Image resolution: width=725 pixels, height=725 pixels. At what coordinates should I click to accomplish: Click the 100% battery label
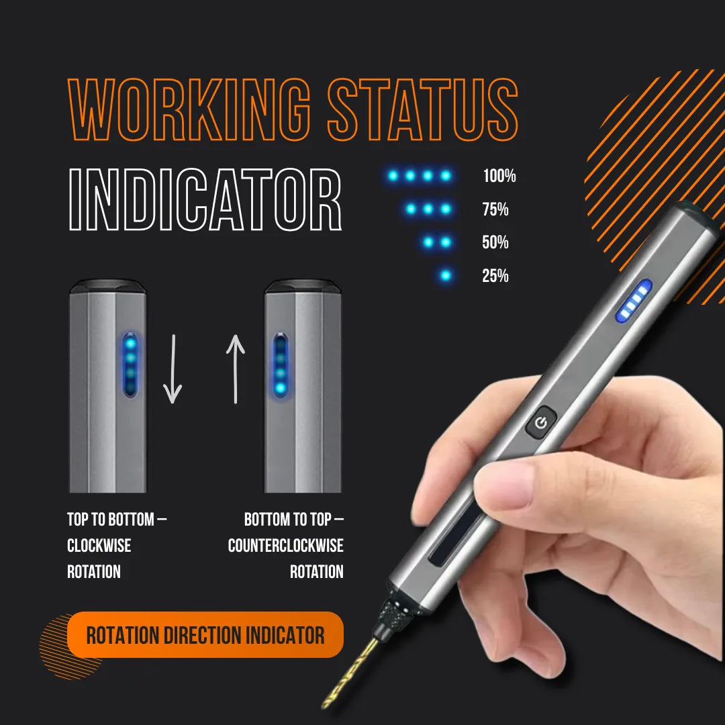(x=499, y=177)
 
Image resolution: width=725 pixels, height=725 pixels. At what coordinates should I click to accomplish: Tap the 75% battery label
(x=495, y=209)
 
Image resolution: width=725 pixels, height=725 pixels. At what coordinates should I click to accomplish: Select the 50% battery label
(x=495, y=242)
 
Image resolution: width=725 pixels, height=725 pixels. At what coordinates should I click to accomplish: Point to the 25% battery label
(x=495, y=275)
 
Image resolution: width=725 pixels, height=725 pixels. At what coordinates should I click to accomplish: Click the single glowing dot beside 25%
(x=445, y=275)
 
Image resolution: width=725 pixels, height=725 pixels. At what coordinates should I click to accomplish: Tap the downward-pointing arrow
(x=173, y=369)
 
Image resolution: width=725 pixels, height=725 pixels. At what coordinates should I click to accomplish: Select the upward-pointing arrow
(x=235, y=369)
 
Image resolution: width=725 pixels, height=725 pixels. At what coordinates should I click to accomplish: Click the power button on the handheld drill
(x=541, y=423)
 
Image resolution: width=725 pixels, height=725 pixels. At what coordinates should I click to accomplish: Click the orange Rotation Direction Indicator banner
(x=205, y=634)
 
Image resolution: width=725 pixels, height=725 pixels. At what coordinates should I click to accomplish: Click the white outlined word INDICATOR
(x=205, y=201)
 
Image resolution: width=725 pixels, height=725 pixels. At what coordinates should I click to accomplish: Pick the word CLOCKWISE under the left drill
(x=99, y=546)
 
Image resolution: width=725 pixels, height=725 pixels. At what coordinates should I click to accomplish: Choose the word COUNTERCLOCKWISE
(x=285, y=546)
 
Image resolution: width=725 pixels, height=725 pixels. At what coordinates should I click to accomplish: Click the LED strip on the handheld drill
(x=634, y=299)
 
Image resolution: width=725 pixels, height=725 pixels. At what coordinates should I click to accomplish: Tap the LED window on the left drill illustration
(x=130, y=363)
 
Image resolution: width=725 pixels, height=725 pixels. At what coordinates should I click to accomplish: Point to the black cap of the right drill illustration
(x=302, y=287)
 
